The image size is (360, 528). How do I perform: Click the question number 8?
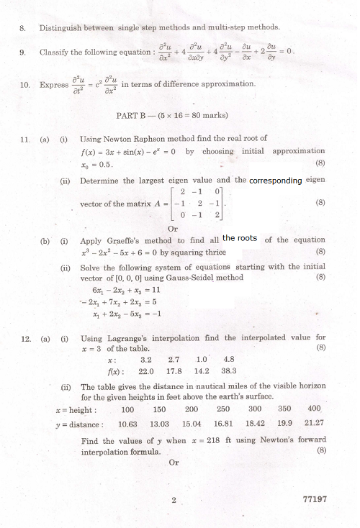[x=23, y=28]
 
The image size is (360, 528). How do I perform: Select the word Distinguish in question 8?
[x=60, y=28]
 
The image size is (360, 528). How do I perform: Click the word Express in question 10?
[x=54, y=85]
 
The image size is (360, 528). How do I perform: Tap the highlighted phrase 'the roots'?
[x=240, y=238]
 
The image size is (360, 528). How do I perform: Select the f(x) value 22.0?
[x=146, y=372]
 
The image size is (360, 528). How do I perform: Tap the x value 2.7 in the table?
[x=174, y=360]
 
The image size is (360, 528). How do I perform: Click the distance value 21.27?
[x=314, y=424]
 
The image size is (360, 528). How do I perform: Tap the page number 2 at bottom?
[x=174, y=499]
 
